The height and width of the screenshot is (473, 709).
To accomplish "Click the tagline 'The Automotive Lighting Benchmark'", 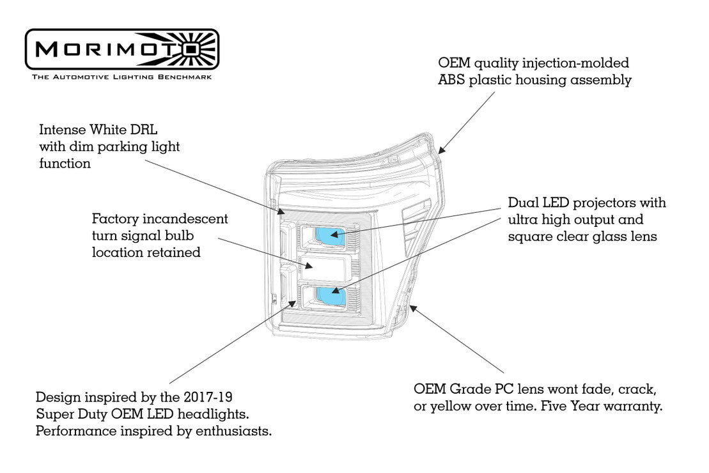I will click(121, 77).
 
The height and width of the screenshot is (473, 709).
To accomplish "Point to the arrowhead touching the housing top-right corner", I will click(441, 150).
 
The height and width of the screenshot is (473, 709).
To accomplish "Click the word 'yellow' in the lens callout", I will click(449, 406).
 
